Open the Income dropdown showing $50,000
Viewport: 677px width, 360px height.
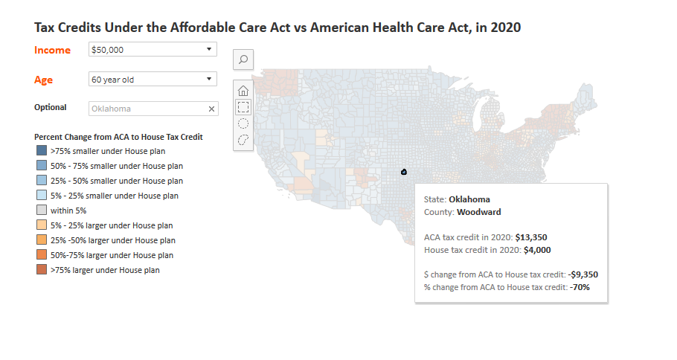pos(152,49)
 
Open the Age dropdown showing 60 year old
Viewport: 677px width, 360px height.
pos(152,79)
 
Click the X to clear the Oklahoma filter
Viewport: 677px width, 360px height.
pos(211,109)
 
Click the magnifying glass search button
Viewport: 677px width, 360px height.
pos(243,59)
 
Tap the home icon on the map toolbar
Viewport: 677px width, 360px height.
pos(243,91)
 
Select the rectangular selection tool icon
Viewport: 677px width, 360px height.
pos(243,107)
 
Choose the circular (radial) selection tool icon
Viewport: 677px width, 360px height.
pos(243,123)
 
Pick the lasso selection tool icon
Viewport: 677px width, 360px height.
pos(243,140)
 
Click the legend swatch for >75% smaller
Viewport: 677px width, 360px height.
pos(41,150)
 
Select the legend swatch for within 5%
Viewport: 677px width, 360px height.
pos(41,210)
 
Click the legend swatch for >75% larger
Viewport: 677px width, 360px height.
pos(41,270)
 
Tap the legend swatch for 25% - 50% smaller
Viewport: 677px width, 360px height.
pos(41,181)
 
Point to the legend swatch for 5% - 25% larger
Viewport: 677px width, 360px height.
pos(41,225)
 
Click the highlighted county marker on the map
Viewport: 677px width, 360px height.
pos(403,172)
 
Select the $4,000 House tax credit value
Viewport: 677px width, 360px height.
pos(537,250)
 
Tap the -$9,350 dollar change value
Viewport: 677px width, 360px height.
pos(583,274)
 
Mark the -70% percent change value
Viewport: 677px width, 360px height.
pos(580,286)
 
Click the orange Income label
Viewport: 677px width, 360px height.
pos(52,50)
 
